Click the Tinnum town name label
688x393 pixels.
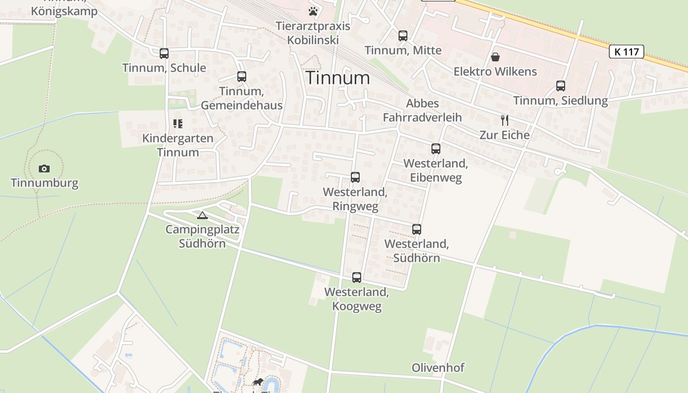coord(338,78)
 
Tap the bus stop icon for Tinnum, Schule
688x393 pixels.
coord(164,54)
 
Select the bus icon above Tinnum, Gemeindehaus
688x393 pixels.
coord(241,77)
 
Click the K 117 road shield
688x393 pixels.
coord(626,52)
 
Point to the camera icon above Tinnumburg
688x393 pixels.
coord(44,168)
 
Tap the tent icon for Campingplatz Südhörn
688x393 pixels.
coord(202,215)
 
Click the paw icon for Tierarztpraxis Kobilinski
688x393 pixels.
coord(313,11)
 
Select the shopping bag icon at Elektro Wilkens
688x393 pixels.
coord(495,57)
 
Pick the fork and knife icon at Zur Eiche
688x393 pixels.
coord(504,120)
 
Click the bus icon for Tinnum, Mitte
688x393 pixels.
coord(403,35)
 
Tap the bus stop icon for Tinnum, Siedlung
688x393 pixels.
coord(561,86)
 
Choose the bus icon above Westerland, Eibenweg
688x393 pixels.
coord(435,149)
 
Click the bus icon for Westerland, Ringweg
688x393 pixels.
coord(355,177)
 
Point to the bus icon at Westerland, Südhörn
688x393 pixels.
coord(417,229)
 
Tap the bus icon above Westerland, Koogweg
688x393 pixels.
coord(357,278)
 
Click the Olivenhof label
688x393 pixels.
coord(438,367)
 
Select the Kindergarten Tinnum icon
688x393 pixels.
coord(178,124)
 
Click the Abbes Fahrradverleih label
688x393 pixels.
coord(423,111)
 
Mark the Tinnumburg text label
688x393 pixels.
coord(45,183)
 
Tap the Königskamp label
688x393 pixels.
coord(64,11)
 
